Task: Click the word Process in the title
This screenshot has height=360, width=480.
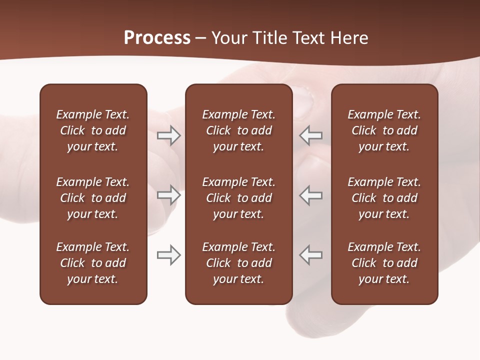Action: click(x=157, y=38)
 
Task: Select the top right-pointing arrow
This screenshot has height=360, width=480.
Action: click(x=168, y=135)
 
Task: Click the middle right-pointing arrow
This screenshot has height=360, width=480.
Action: click(x=168, y=195)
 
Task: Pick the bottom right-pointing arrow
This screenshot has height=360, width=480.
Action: click(x=168, y=255)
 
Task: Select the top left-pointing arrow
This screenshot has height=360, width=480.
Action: click(x=311, y=135)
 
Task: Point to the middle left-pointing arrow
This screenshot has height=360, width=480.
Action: click(x=311, y=195)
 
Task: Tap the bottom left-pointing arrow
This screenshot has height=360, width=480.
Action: click(x=311, y=255)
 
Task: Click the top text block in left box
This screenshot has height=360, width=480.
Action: click(x=93, y=130)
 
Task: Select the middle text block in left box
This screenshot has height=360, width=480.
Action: click(x=93, y=198)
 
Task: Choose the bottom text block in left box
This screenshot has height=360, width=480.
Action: click(x=93, y=263)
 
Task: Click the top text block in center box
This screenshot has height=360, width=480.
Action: click(x=238, y=130)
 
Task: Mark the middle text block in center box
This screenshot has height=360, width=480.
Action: click(x=238, y=198)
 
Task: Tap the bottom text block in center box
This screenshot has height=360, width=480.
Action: click(x=238, y=263)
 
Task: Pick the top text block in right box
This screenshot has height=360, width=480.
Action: click(x=384, y=130)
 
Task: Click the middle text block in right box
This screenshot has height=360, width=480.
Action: click(x=384, y=198)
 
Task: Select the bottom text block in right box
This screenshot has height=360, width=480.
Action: click(x=384, y=263)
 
